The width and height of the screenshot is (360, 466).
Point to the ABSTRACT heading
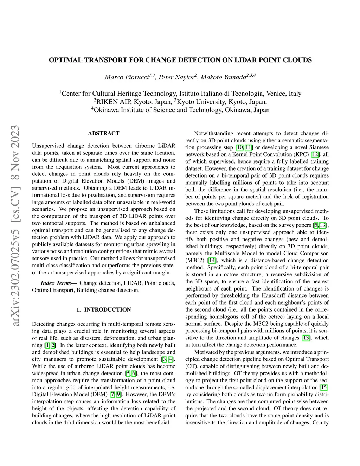[104, 133]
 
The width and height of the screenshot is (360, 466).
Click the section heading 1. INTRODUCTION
[104, 310]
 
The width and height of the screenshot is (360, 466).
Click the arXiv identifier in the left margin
[15, 225]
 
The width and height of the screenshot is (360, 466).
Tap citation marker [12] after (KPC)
[315, 154]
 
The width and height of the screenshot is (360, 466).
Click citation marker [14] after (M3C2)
[212, 260]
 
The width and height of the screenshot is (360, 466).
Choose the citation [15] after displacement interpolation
[324, 387]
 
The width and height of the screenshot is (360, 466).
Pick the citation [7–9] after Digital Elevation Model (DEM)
[116, 394]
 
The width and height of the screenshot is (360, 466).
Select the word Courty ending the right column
[320, 422]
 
